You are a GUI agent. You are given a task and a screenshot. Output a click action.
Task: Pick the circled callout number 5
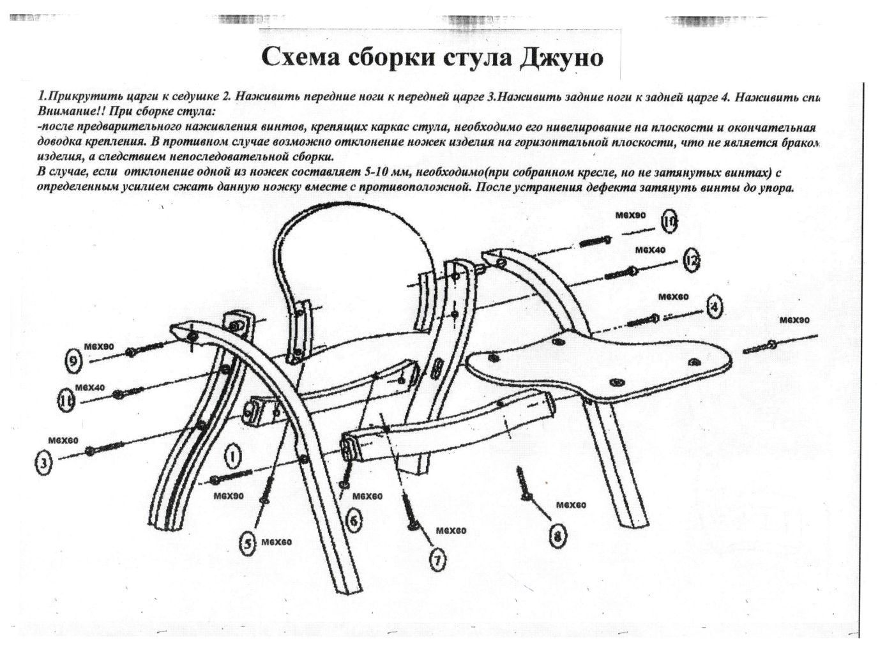coord(248,543)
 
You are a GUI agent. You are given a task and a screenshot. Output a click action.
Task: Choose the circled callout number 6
coord(354,520)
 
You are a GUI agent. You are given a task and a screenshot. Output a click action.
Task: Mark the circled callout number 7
coord(437,559)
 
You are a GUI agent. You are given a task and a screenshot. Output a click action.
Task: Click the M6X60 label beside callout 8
coord(571,505)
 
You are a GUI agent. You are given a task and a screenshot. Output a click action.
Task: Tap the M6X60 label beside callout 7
coord(451,531)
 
